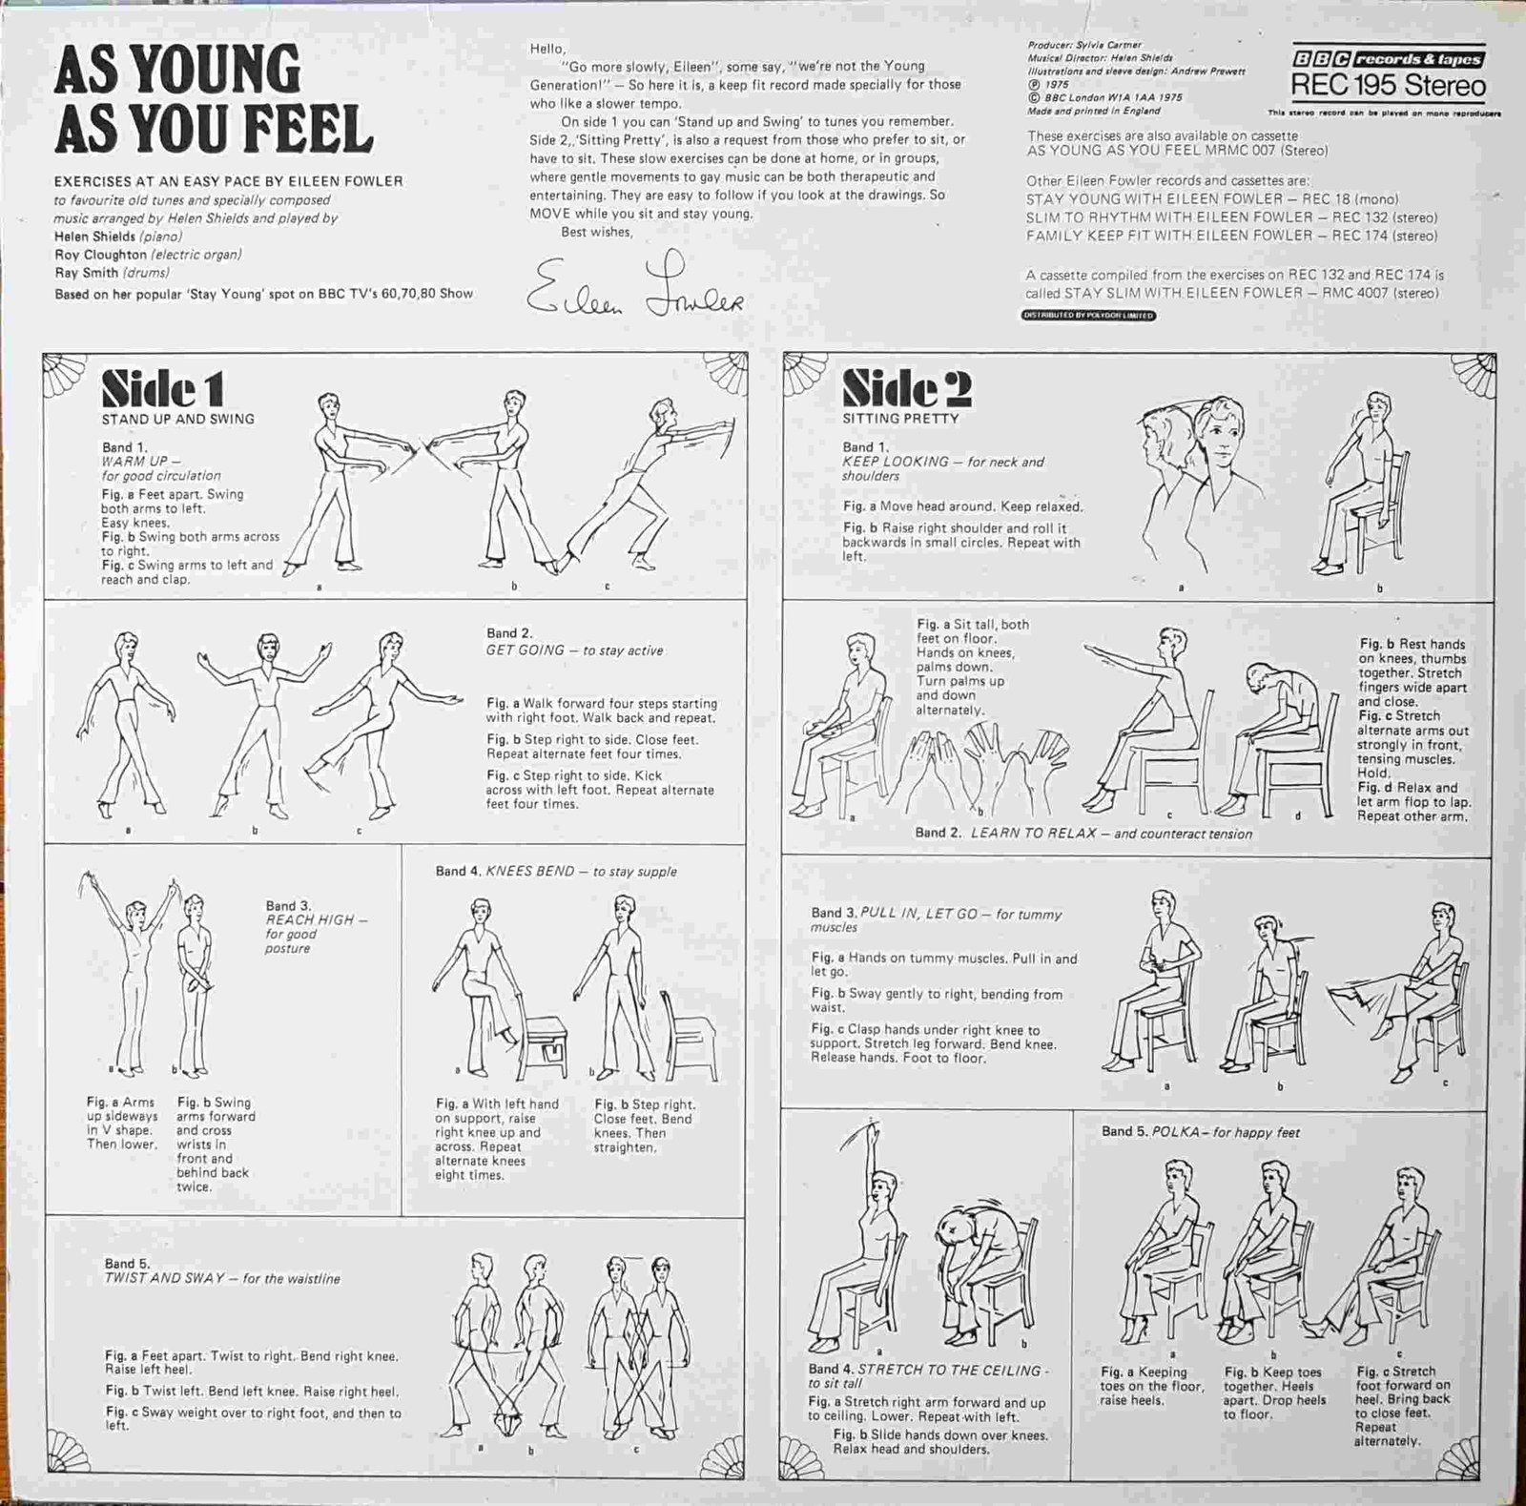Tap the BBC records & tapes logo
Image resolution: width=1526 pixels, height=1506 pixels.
click(x=1388, y=59)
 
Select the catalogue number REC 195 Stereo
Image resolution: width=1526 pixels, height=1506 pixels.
click(x=1388, y=86)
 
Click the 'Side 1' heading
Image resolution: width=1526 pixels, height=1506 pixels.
click(x=163, y=389)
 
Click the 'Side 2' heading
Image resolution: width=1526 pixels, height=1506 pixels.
click(x=906, y=388)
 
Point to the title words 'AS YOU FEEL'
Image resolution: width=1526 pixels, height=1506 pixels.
click(x=213, y=131)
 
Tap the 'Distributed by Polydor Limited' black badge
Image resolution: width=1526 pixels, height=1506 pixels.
click(x=1088, y=315)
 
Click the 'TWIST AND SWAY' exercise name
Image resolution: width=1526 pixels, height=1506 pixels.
click(x=165, y=1278)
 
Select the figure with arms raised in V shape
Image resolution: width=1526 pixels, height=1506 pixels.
click(x=129, y=963)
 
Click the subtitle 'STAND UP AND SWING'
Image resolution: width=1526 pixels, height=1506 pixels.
click(x=178, y=419)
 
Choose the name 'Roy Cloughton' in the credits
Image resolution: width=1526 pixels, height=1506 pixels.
click(x=100, y=255)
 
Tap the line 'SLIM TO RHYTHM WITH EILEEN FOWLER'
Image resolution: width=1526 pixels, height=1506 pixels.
click(x=1168, y=217)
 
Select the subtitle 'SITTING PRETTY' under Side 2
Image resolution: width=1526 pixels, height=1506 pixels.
click(x=900, y=418)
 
